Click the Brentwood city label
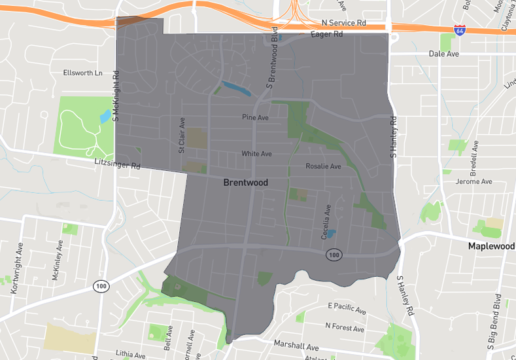tap(245, 183)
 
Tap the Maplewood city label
tap(491, 246)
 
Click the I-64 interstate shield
tap(460, 30)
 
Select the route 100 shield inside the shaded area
tap(334, 254)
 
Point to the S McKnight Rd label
tap(116, 96)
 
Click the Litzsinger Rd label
tap(118, 166)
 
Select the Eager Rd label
tap(326, 34)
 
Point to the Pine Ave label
tap(256, 118)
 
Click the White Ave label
tap(256, 154)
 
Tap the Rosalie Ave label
tap(323, 166)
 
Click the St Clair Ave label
tap(182, 135)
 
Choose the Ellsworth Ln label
tap(83, 73)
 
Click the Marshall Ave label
tap(296, 346)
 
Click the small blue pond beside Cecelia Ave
tap(331, 233)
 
